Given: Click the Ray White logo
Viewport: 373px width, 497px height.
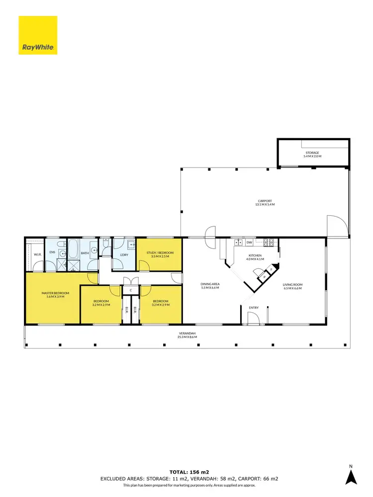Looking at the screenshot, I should tap(38, 35).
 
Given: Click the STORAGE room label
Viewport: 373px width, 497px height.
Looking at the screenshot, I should tap(312, 155).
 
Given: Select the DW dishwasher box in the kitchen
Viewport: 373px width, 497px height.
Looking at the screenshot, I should tap(249, 242).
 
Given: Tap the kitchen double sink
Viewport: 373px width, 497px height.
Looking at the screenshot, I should tap(237, 242).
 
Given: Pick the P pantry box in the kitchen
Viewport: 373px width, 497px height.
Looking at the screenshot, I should tap(265, 277).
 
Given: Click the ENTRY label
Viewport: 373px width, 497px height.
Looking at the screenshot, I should tap(254, 308).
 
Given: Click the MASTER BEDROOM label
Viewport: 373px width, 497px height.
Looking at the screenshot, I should tap(55, 295).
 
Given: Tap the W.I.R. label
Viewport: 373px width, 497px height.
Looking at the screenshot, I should tap(37, 254).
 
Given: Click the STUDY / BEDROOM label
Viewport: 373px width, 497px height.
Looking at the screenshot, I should tap(158, 254).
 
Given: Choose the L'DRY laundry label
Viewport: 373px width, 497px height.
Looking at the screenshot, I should tap(124, 255).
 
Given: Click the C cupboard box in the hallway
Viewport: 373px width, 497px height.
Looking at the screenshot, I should tap(130, 290).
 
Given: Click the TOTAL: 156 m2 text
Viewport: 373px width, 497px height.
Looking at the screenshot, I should tap(186, 471).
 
